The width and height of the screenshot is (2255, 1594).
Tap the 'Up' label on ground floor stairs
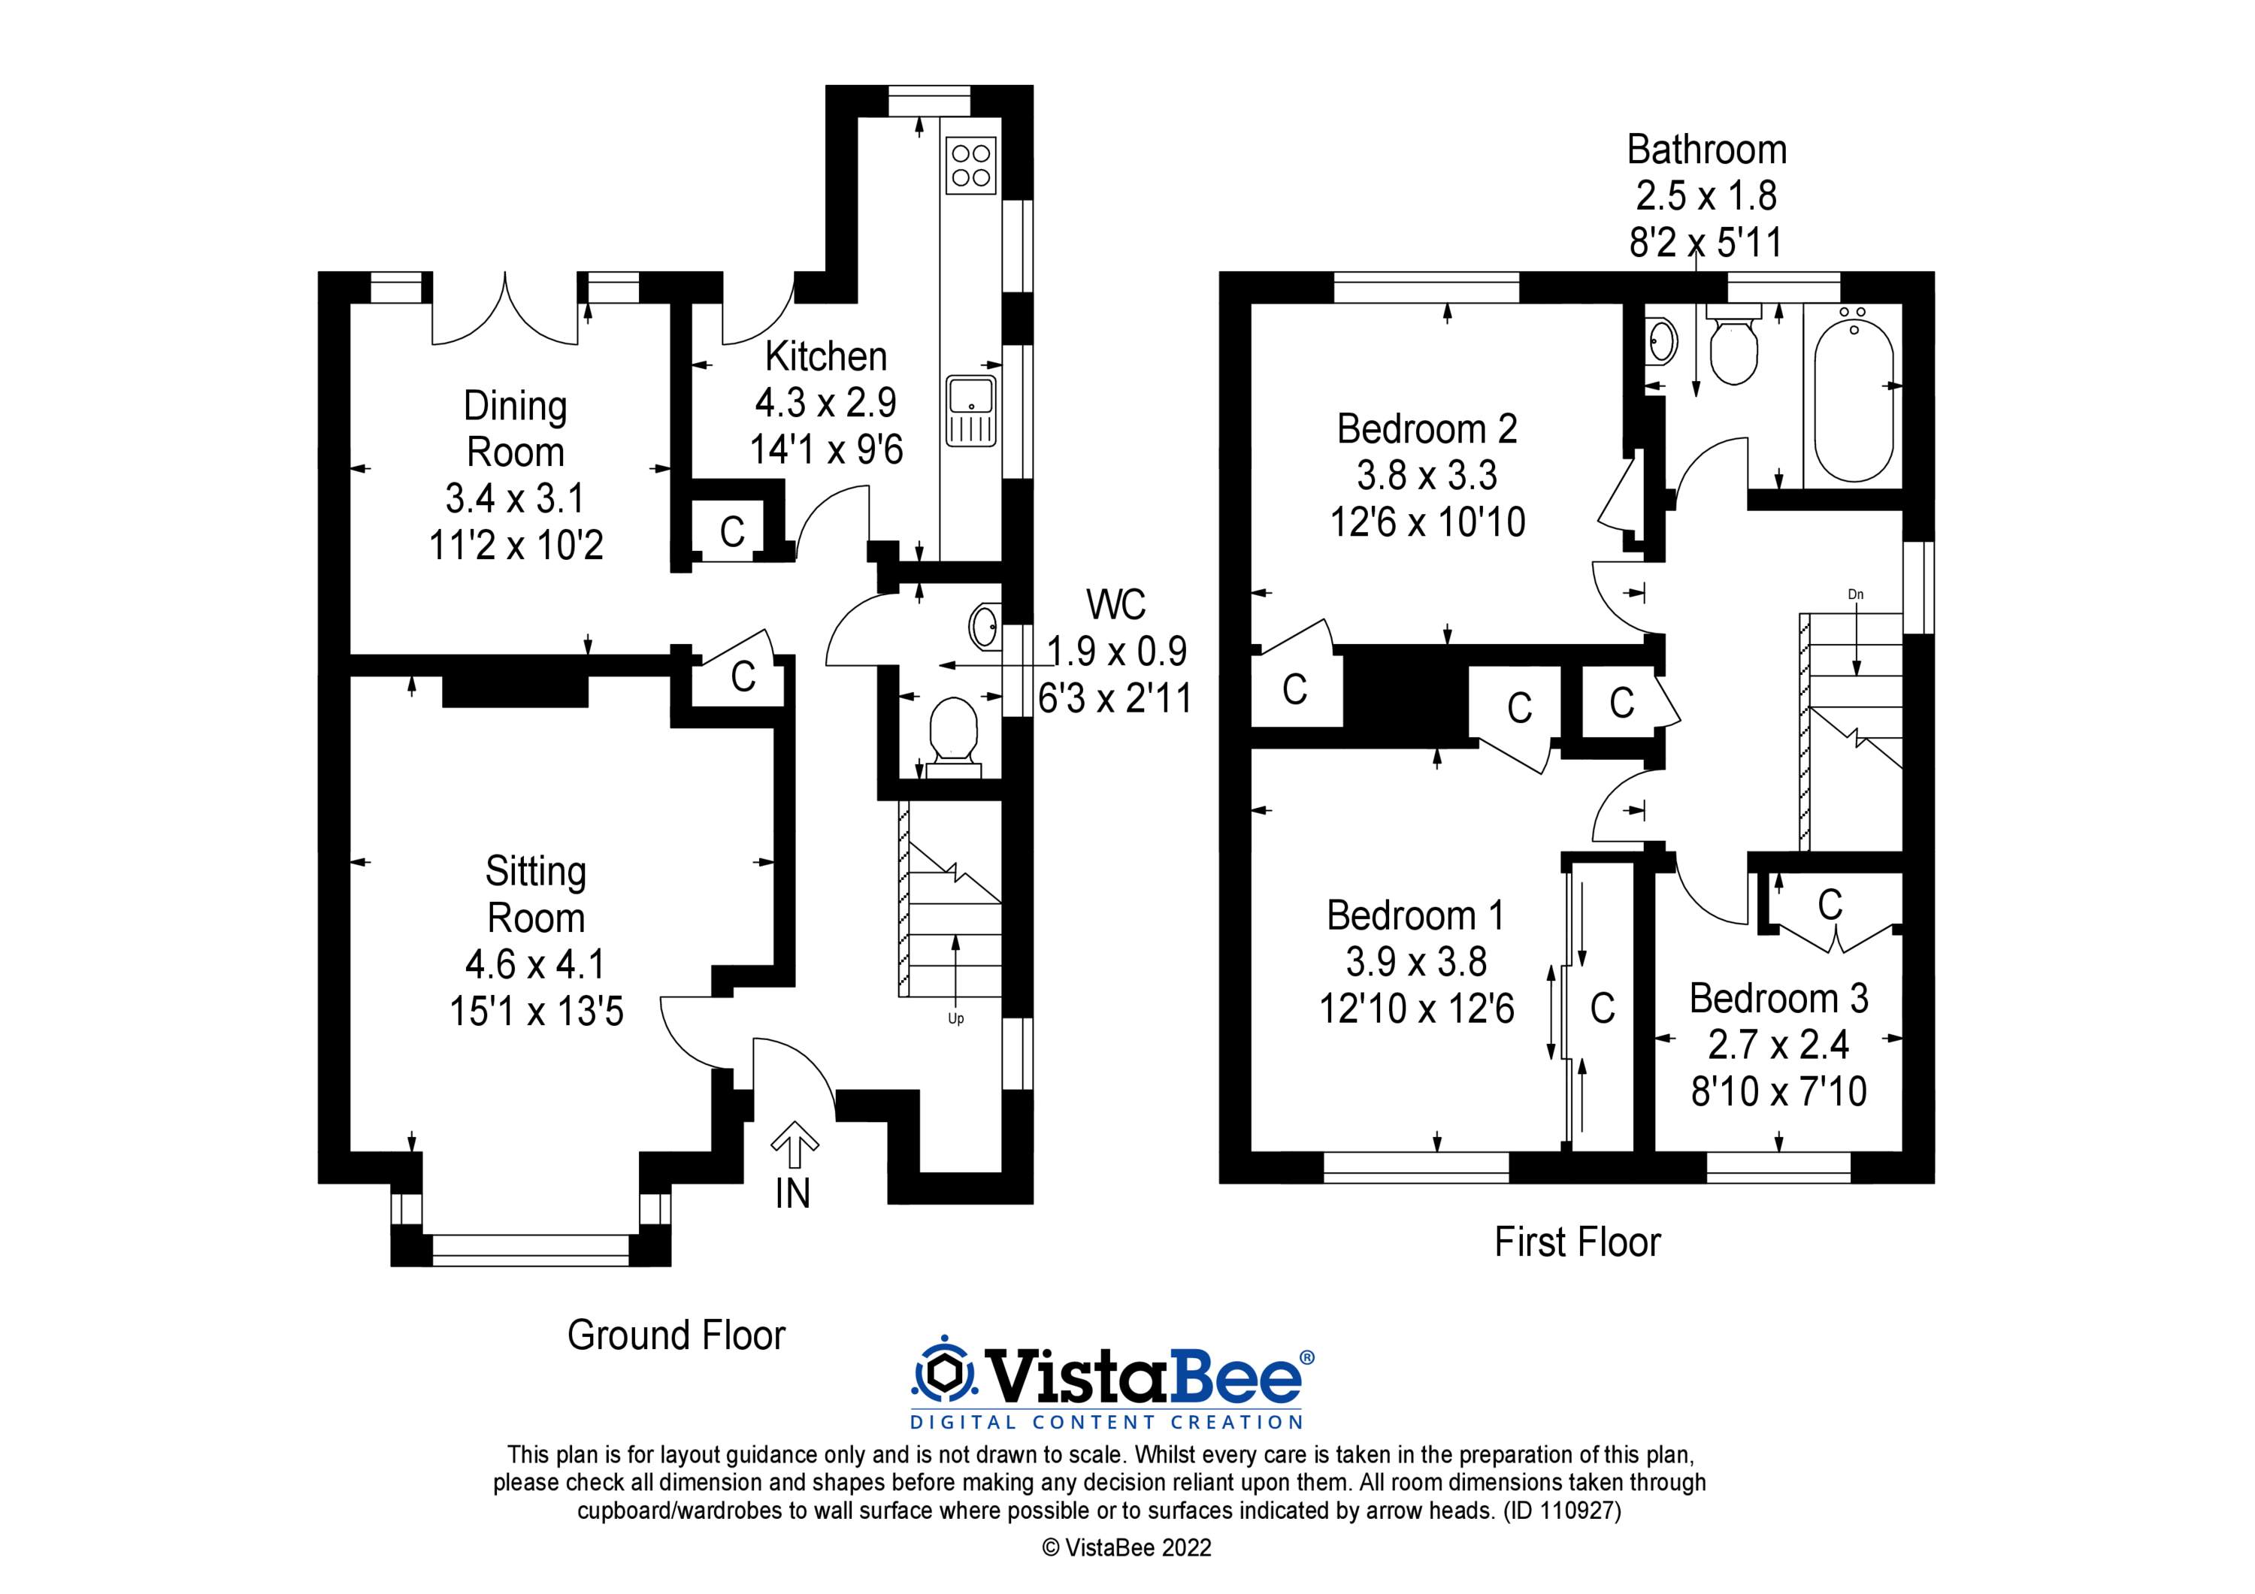click(x=955, y=1018)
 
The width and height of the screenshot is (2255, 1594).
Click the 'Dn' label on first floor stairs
click(x=1855, y=594)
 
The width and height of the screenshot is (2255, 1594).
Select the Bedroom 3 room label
click(x=1778, y=999)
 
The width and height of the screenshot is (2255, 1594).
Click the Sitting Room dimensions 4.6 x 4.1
click(x=535, y=964)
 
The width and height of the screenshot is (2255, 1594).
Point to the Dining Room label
click(x=515, y=428)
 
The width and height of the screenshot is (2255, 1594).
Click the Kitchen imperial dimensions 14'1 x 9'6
click(x=826, y=450)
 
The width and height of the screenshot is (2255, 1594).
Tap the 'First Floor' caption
click(x=1576, y=1242)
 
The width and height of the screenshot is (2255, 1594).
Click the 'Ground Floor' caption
click(x=676, y=1335)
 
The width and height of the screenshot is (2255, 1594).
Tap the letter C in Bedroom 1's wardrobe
click(x=1602, y=1008)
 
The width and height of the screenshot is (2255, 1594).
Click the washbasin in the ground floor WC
click(x=984, y=625)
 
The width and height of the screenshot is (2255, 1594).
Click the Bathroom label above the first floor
click(x=1706, y=150)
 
